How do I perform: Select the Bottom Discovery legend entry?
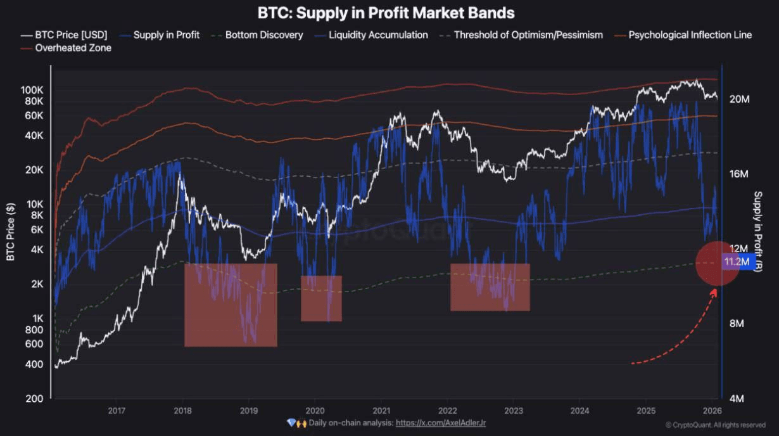pyautogui.click(x=263, y=35)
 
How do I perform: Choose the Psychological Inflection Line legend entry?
pyautogui.click(x=690, y=35)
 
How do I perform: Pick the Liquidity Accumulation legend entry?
pyautogui.click(x=378, y=35)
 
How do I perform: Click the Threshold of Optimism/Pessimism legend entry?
pyautogui.click(x=528, y=35)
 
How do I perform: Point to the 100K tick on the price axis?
pyautogui.click(x=31, y=90)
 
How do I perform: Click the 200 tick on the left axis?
pyautogui.click(x=35, y=399)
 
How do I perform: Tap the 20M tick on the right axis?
pyautogui.click(x=739, y=99)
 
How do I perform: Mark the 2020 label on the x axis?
pyautogui.click(x=315, y=411)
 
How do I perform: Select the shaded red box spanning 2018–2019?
pyautogui.click(x=231, y=305)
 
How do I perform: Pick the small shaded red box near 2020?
pyautogui.click(x=321, y=298)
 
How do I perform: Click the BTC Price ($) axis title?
pyautogui.click(x=10, y=231)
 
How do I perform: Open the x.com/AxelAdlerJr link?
pyautogui.click(x=441, y=423)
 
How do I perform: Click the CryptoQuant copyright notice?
pyautogui.click(x=715, y=425)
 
